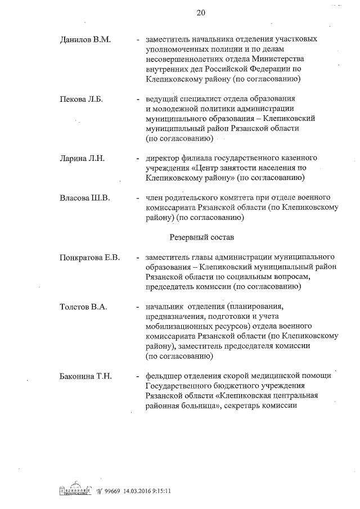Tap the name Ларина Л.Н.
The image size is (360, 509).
(82, 159)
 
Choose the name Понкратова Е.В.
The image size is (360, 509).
(90, 258)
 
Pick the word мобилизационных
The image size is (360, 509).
(178, 326)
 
